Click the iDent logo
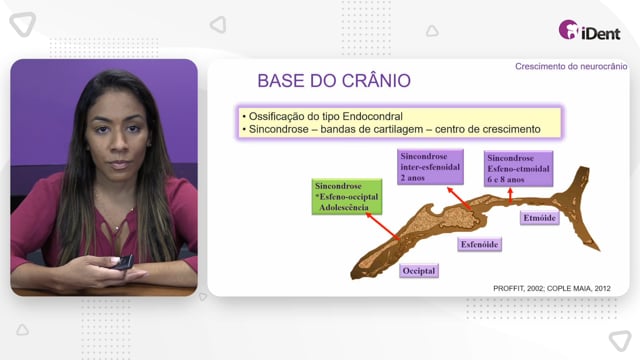click(589, 30)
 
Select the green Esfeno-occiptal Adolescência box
click(347, 197)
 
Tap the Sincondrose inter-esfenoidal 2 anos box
click(430, 167)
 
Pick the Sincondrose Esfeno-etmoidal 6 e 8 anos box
click(518, 169)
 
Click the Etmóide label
click(540, 218)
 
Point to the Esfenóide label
click(480, 244)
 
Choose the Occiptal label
click(419, 271)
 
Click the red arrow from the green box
click(383, 227)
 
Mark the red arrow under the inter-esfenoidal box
click(459, 198)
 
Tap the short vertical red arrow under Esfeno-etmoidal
click(510, 195)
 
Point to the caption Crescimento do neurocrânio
click(571, 67)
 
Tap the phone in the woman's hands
click(122, 262)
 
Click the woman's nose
click(118, 143)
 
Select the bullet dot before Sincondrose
click(244, 130)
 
